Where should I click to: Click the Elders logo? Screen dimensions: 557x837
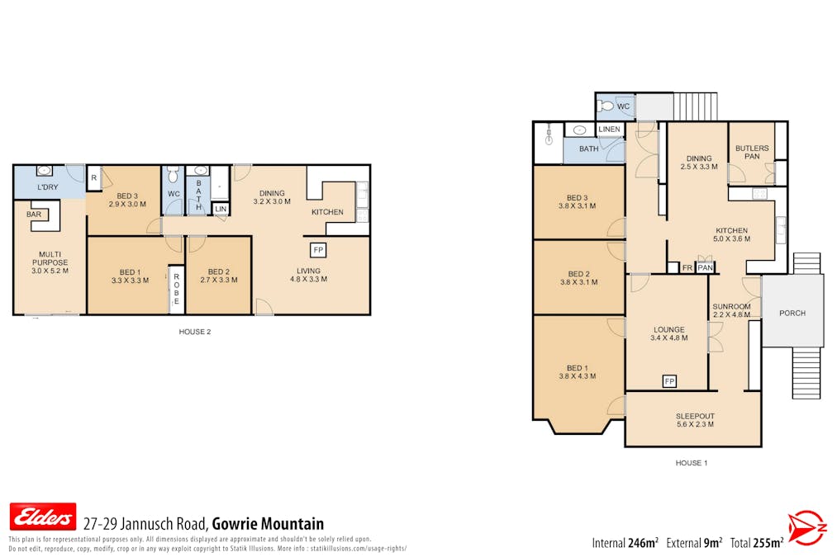42,517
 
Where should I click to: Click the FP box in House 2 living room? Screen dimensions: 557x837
316,248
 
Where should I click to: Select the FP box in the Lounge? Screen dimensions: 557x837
669,380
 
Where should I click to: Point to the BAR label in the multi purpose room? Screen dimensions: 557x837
34,214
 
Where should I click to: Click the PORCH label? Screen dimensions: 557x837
792,313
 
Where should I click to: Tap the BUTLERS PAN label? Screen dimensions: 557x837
751,152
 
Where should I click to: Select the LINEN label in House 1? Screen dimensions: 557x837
610,130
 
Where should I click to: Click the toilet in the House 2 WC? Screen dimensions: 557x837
172,176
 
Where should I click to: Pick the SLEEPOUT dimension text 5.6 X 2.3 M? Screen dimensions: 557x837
693,424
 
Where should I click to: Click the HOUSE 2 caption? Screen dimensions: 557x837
195,332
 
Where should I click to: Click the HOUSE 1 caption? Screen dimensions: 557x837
692,463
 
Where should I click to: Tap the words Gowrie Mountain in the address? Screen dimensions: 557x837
268,524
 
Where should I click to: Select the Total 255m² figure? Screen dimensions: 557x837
756,543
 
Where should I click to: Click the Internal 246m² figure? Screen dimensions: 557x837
625,543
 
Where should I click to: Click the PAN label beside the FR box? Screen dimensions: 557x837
705,267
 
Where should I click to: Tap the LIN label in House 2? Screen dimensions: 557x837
220,210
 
